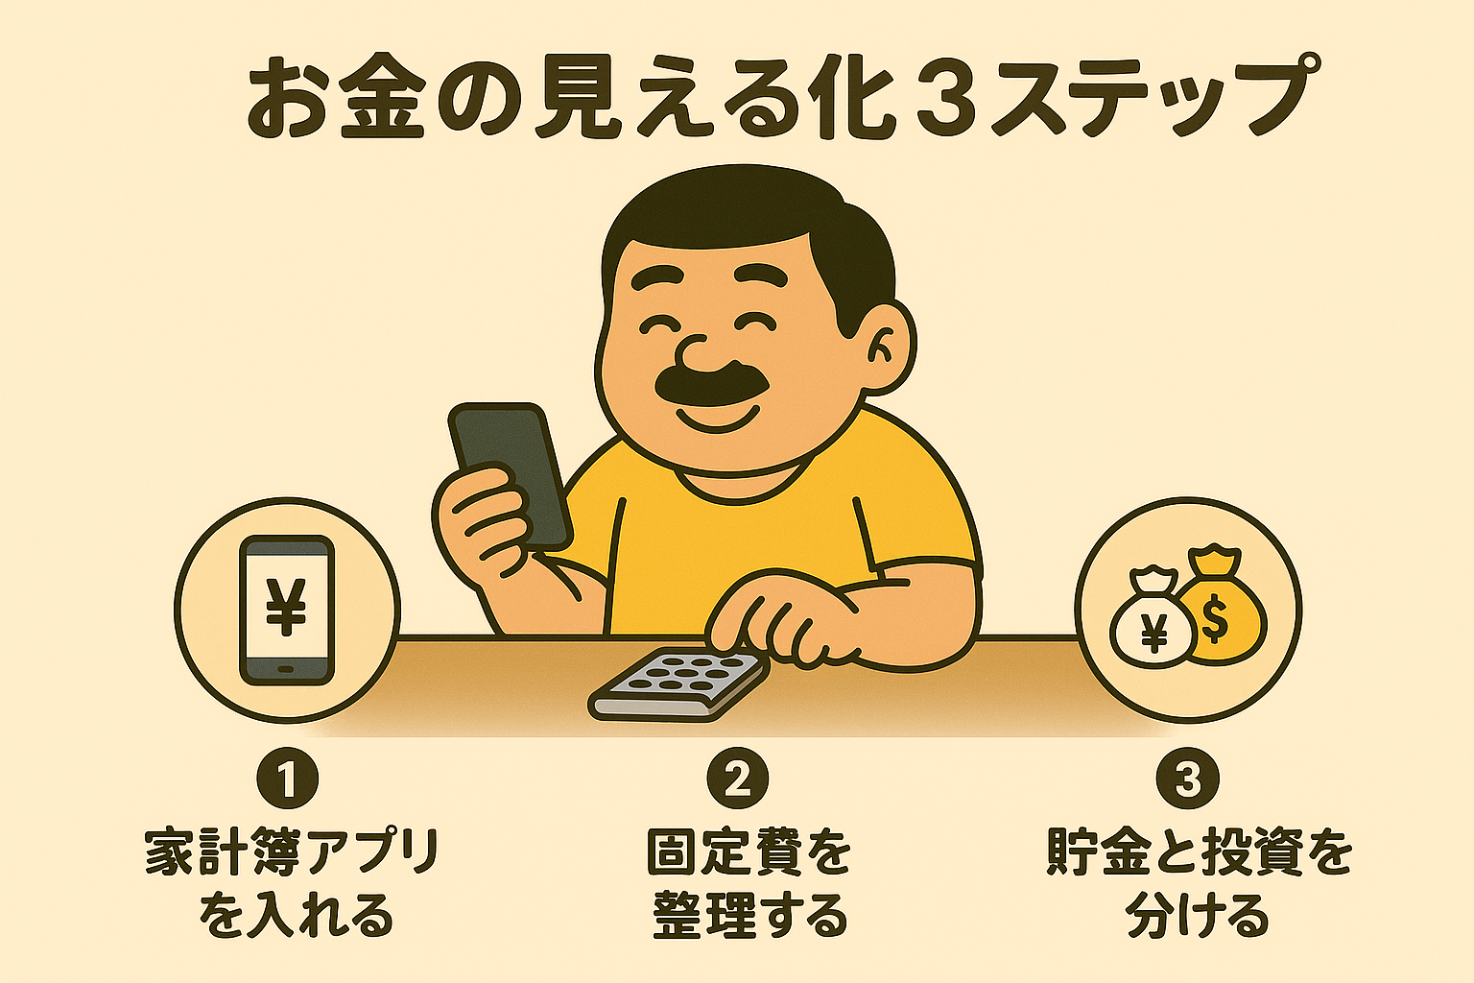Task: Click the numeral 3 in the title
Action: coord(942,100)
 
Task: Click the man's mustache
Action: coord(712,384)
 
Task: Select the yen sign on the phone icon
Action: coord(286,607)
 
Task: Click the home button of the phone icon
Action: coord(286,669)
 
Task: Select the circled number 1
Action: coord(288,779)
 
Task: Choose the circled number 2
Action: coord(737,779)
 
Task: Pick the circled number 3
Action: coord(1188,779)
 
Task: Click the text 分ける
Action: coord(1197,915)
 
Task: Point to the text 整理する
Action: coord(750,915)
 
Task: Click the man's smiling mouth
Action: coord(717,420)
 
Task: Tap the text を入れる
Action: coord(297,915)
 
